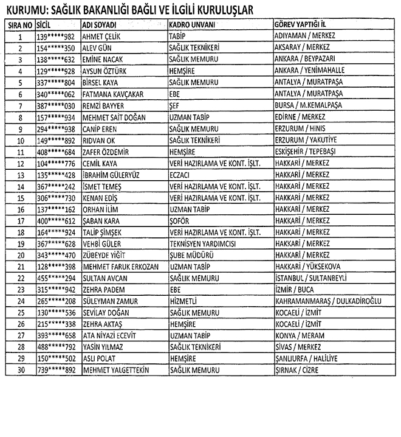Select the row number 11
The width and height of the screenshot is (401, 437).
click(20, 152)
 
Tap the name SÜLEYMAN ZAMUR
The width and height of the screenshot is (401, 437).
click(109, 301)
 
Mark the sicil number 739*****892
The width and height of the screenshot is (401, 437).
click(55, 370)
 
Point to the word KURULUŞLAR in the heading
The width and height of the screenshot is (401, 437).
click(217, 10)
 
